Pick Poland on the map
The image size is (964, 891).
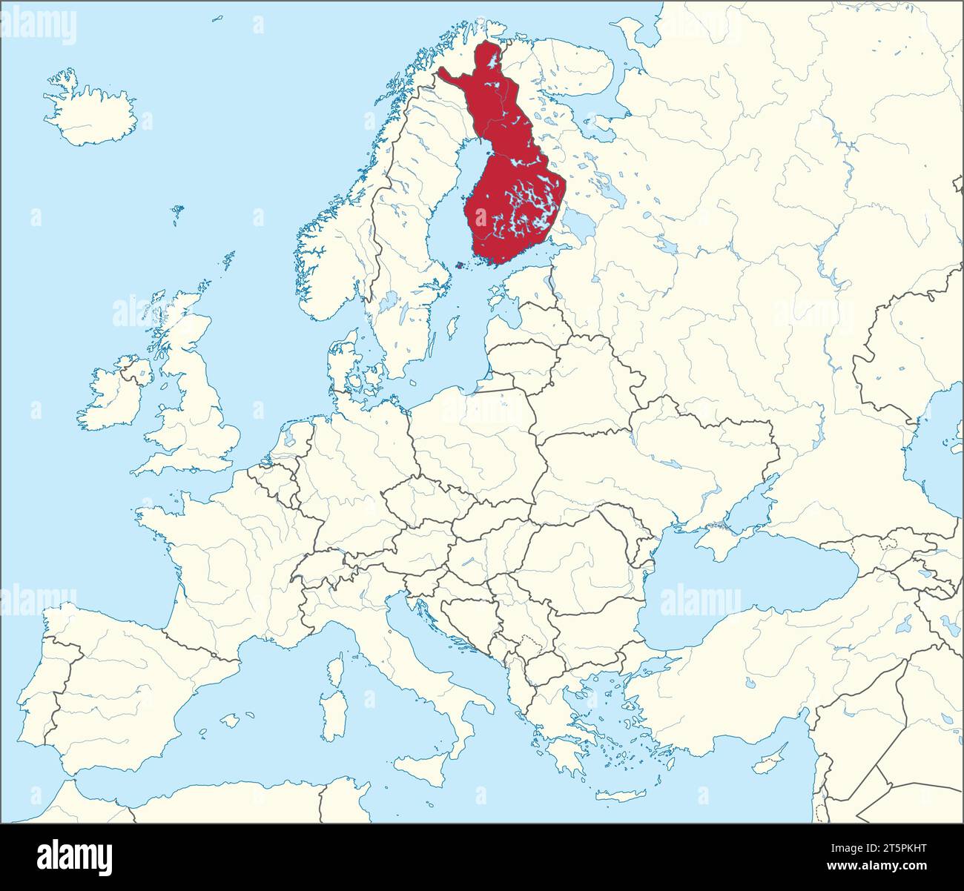pyautogui.click(x=475, y=437)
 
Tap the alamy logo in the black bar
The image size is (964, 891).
pyautogui.click(x=75, y=858)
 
